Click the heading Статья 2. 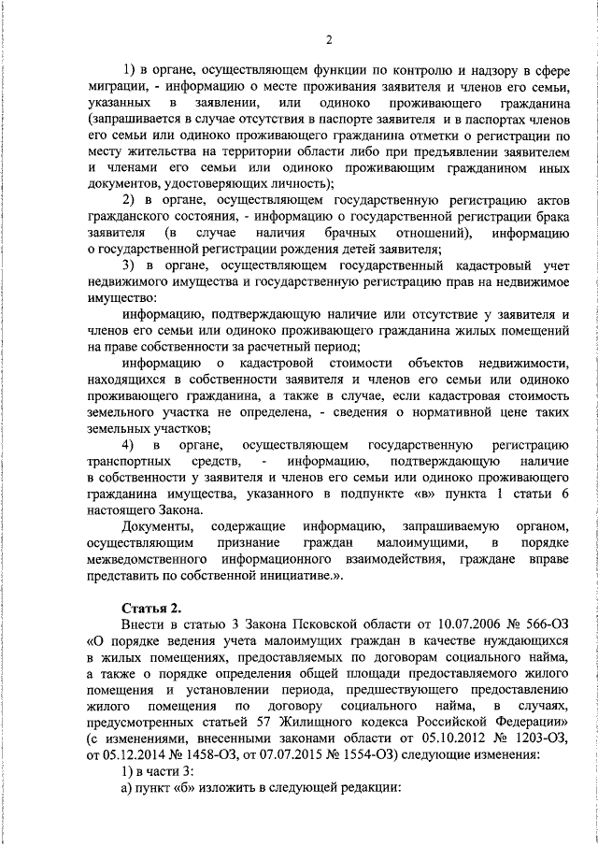[x=137, y=609]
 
